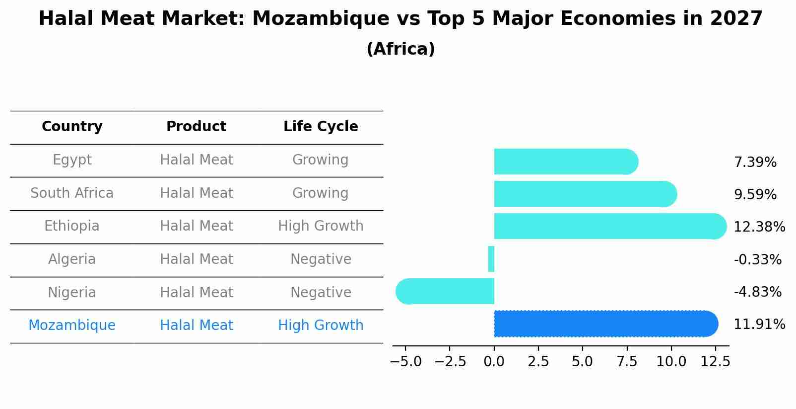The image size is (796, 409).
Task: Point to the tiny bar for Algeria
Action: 491,259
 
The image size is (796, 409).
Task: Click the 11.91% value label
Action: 759,325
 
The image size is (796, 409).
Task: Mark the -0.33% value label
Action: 757,259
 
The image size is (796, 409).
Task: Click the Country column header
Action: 72,127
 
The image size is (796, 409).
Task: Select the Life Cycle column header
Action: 321,127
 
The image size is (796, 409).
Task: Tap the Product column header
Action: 196,127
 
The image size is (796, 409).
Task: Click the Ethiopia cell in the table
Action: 72,226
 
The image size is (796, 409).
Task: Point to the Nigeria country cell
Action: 72,292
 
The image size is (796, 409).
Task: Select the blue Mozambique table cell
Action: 72,326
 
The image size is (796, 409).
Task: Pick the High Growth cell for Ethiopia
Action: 321,226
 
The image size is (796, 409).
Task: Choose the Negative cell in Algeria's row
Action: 321,259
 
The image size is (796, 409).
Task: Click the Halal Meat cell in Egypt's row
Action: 196,160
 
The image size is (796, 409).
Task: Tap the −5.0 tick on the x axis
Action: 405,361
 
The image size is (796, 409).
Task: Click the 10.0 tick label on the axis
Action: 671,361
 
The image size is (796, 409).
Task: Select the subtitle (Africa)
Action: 400,49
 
